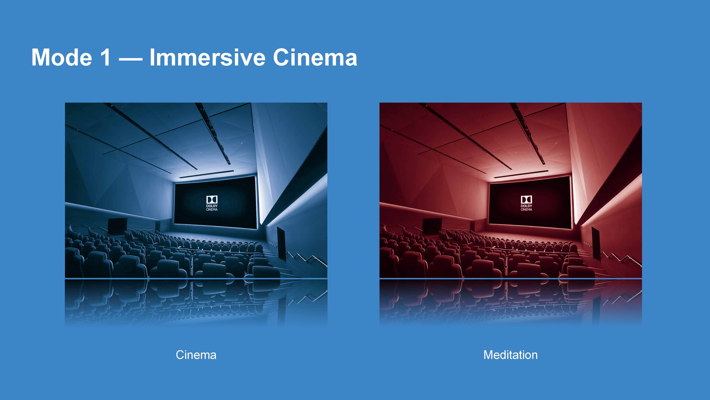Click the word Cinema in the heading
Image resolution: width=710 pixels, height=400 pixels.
[x=315, y=57]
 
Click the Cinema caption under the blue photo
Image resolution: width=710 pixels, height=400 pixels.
[x=196, y=355]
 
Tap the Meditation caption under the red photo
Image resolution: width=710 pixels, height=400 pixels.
[x=510, y=355]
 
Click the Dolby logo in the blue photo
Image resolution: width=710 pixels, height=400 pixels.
[x=212, y=203]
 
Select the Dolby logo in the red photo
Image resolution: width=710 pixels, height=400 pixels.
[x=526, y=203]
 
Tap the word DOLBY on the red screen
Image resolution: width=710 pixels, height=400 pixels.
[x=526, y=206]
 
